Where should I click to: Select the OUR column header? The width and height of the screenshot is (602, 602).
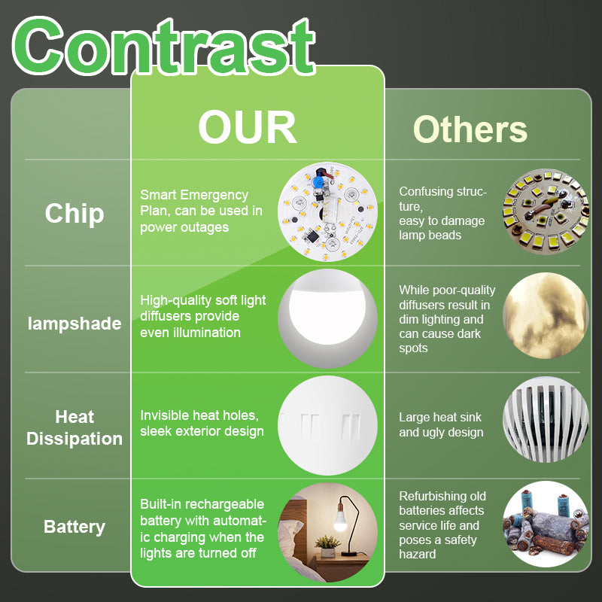pos(248,129)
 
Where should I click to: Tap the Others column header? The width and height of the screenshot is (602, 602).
pos(470,129)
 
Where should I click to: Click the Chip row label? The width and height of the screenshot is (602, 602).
pos(74,214)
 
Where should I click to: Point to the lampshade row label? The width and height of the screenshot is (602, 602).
pos(74,324)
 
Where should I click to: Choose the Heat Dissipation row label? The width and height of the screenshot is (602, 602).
pos(74,427)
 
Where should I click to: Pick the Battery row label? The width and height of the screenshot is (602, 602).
pos(74,527)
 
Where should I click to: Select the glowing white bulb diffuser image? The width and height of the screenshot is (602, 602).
pos(327,319)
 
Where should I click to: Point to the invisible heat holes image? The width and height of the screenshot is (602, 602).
pos(327,425)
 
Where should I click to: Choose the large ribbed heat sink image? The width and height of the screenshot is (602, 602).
pos(546,419)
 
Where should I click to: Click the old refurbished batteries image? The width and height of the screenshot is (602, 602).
pos(546,524)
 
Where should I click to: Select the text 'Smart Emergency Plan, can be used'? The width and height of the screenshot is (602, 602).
pos(201,202)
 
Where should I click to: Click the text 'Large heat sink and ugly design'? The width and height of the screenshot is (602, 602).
pos(440,424)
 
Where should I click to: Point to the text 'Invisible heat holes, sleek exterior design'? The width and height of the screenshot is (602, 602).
pos(202,424)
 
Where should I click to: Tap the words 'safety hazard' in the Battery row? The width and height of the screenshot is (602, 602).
pos(436,547)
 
